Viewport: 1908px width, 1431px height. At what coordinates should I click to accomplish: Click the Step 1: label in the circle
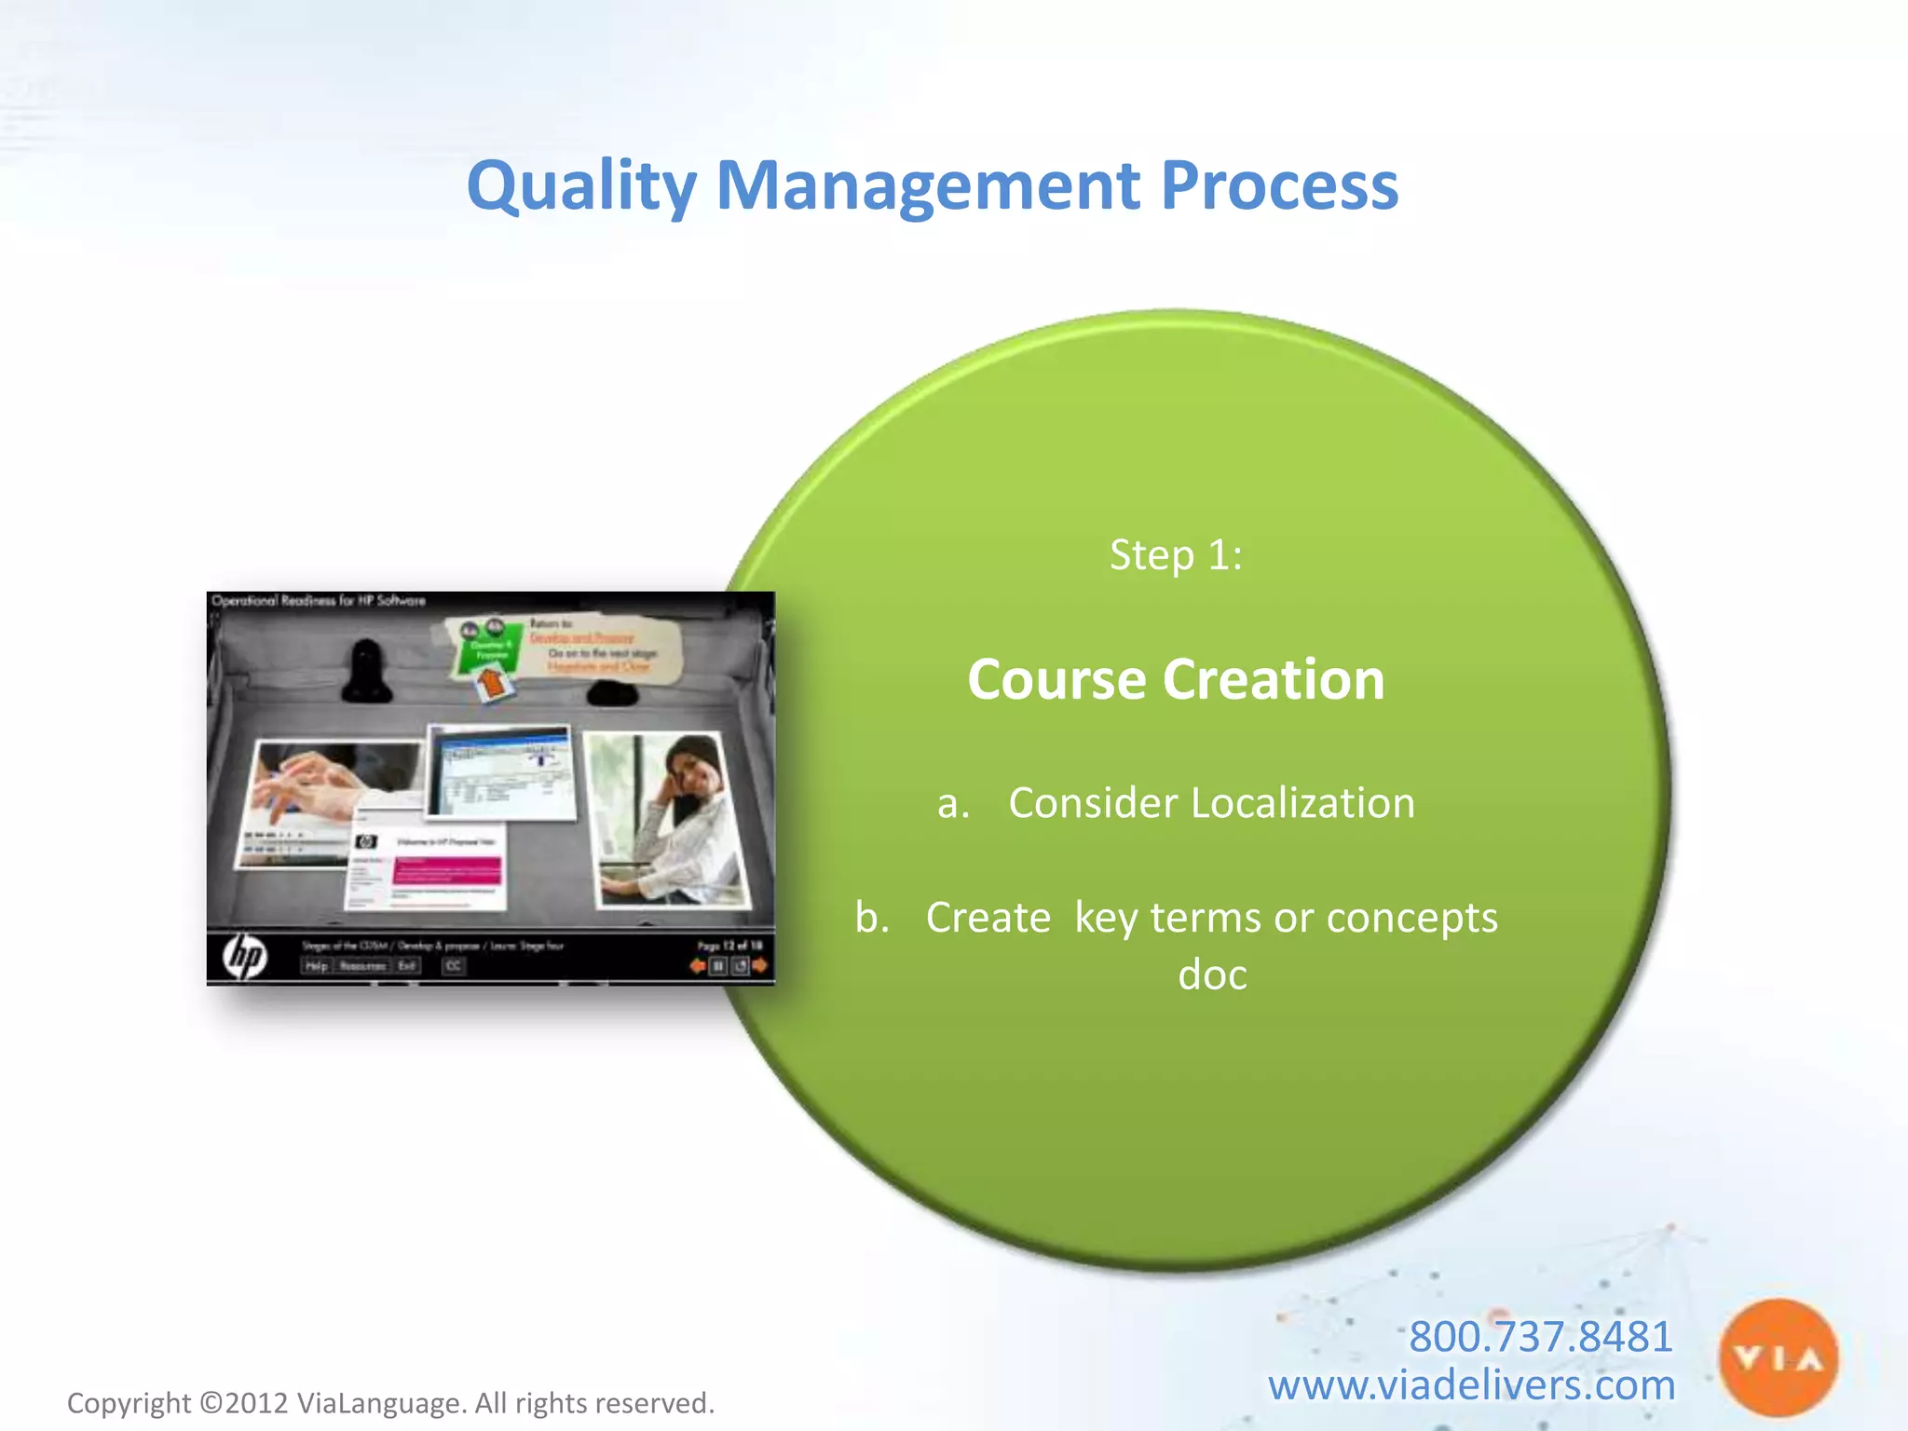pos(1176,555)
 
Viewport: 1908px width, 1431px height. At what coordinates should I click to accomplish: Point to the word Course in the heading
pos(1056,679)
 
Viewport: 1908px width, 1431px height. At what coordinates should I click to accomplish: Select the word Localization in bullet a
pos(1304,803)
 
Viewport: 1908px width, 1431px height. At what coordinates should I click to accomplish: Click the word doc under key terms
pos(1212,975)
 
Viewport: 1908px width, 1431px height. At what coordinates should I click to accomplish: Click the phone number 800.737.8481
pos(1540,1337)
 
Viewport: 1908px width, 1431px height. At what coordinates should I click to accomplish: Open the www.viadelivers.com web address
pos(1471,1385)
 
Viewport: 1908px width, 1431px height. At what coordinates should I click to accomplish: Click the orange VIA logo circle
pos(1778,1358)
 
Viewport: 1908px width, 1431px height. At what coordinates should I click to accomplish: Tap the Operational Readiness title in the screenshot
pos(319,601)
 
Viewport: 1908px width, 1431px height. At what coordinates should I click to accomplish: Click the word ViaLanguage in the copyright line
pos(380,1403)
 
